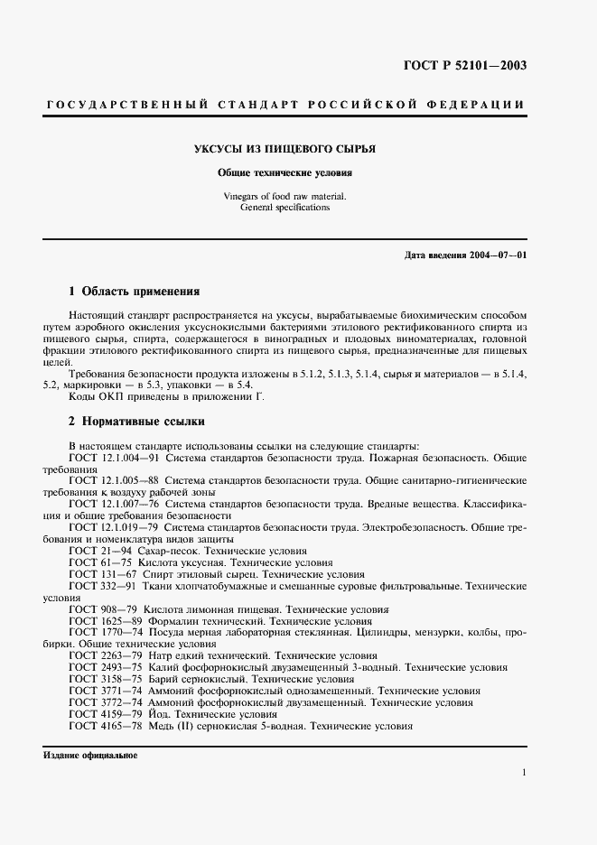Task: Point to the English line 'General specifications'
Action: pos(285,207)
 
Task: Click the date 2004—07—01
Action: pos(497,255)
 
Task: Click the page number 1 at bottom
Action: pos(524,773)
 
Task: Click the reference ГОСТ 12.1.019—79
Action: pos(114,526)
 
